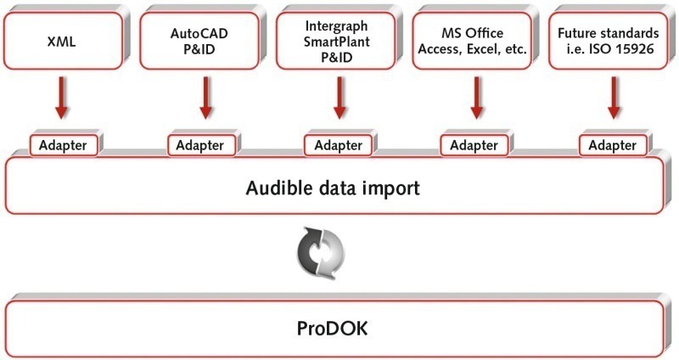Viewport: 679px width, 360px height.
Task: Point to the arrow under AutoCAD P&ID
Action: [x=205, y=98]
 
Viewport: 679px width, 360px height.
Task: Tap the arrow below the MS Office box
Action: [x=476, y=98]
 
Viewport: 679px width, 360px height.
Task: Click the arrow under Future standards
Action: [x=612, y=98]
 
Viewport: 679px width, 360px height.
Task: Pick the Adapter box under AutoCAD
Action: [x=201, y=144]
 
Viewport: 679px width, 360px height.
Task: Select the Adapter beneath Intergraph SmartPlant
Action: [x=338, y=144]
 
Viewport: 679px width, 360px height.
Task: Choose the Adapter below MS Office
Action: [x=474, y=144]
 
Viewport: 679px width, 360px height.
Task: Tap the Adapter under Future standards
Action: [x=612, y=144]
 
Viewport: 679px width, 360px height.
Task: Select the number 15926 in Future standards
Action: [x=637, y=48]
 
